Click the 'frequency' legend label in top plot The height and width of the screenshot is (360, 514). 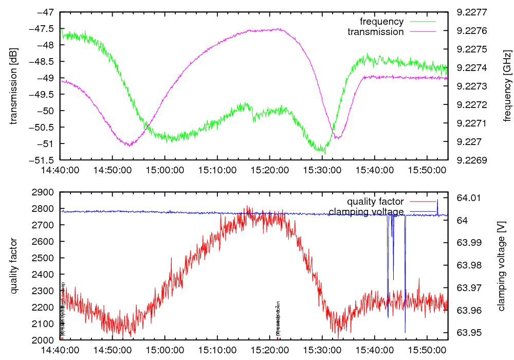[381, 22]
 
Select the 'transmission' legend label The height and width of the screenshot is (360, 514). [376, 31]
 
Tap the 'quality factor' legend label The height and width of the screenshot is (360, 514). [375, 201]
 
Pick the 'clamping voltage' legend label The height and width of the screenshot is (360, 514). [366, 211]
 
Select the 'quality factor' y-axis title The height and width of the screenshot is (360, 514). [14, 266]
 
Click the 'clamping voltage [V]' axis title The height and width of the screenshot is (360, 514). [501, 266]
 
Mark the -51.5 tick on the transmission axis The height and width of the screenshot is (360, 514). [43, 159]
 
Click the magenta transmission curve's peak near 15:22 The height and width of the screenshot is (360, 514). [278, 29]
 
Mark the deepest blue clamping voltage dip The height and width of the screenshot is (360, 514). [405, 332]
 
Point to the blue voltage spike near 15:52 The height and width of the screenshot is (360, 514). [437, 201]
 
